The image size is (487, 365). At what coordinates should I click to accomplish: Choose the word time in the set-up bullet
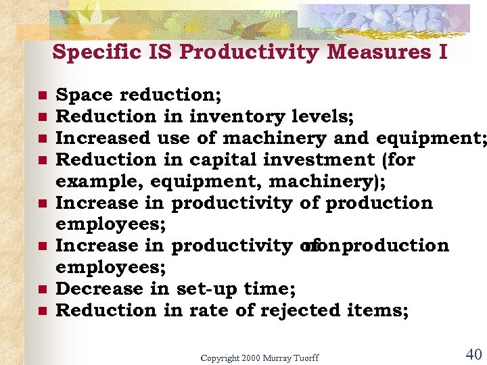coord(269,289)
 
